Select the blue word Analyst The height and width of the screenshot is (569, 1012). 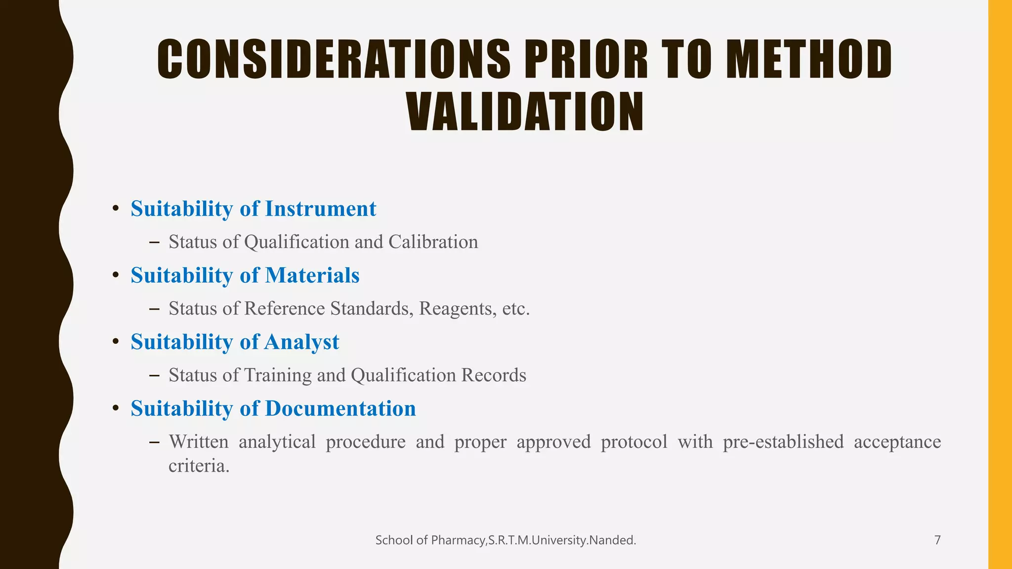(x=301, y=342)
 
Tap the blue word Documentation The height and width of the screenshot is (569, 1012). (x=340, y=408)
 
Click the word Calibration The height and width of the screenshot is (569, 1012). (x=433, y=242)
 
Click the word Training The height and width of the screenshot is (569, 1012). (x=278, y=375)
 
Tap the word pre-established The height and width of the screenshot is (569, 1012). (x=783, y=442)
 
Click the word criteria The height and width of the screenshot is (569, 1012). (x=199, y=466)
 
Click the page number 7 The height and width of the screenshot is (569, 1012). (x=937, y=540)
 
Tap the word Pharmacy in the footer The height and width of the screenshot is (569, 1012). (x=458, y=540)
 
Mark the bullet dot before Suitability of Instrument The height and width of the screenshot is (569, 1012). (x=115, y=208)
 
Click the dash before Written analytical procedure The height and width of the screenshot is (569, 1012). (x=154, y=442)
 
